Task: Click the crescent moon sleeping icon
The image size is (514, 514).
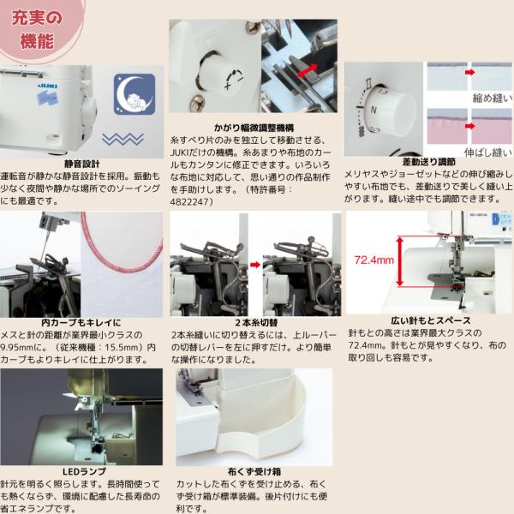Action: (x=134, y=94)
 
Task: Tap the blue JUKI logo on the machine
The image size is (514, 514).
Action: (x=48, y=86)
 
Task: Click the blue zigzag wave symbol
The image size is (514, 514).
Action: (x=123, y=139)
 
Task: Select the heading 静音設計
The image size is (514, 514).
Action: (x=82, y=164)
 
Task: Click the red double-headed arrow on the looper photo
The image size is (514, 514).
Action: (x=307, y=71)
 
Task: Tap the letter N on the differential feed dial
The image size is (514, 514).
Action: (x=374, y=110)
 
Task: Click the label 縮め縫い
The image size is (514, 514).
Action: (x=492, y=98)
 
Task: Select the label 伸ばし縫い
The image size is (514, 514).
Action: (x=487, y=152)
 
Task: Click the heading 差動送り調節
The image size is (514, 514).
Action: (x=429, y=162)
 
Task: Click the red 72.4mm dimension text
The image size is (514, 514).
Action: (x=374, y=260)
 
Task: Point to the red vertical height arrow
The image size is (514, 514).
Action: (x=399, y=261)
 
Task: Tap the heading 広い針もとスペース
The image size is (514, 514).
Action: (x=431, y=320)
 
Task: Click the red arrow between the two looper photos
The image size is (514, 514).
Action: (x=255, y=265)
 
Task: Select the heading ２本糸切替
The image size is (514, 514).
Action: (x=256, y=323)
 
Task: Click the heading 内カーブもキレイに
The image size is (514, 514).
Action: (x=81, y=323)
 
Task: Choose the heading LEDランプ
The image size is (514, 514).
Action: (x=84, y=472)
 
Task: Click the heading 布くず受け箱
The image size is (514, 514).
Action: (x=254, y=472)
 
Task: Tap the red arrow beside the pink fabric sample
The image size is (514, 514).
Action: (x=469, y=126)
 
